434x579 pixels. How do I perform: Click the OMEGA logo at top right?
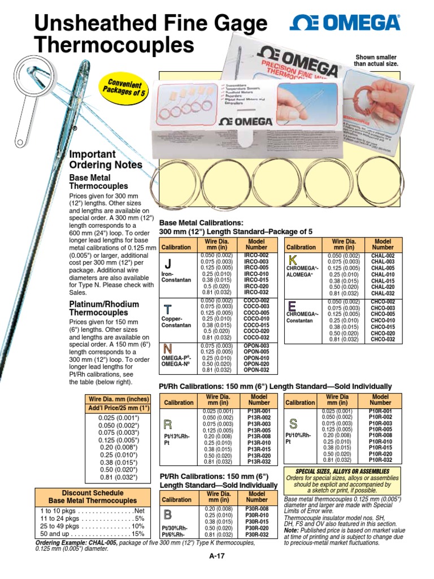(345, 23)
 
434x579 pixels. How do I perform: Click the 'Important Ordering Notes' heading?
(105, 159)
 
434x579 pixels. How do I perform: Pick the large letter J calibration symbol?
(167, 265)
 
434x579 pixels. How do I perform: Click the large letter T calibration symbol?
(168, 309)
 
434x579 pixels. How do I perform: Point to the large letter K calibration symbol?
(293, 261)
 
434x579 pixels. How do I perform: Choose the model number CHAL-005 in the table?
(383, 269)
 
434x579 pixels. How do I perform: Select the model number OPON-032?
(257, 371)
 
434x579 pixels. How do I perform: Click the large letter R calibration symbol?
(167, 425)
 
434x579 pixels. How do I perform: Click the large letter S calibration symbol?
(293, 424)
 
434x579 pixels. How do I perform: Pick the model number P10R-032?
(380, 460)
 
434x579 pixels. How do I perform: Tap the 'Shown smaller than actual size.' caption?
(376, 61)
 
